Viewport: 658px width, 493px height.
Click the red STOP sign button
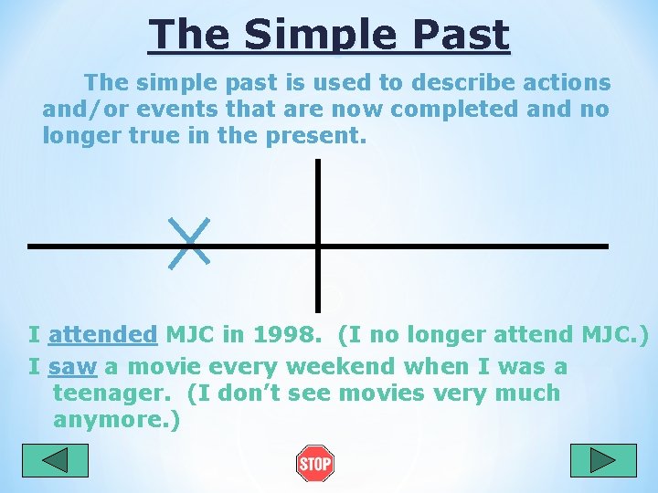[x=314, y=464]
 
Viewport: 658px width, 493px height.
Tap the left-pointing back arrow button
[x=55, y=460]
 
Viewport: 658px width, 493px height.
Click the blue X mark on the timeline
[x=189, y=243]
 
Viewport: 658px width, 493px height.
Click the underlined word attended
[x=102, y=335]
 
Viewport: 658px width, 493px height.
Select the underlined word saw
[x=73, y=367]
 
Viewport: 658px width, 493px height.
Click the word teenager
[x=115, y=393]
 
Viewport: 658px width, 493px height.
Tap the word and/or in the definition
[x=82, y=110]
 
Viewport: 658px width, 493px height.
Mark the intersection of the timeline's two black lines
[x=317, y=246]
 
